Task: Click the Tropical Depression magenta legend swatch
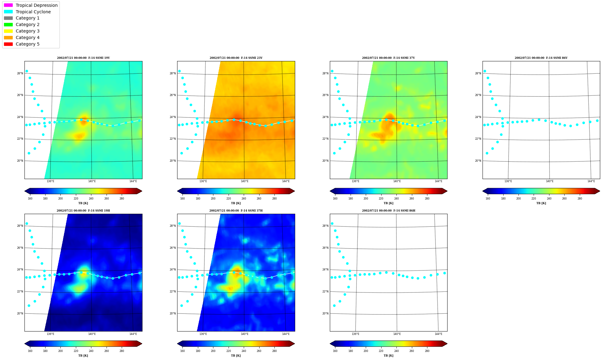coord(8,5)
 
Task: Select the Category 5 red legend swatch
coord(8,44)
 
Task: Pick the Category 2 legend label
coord(28,24)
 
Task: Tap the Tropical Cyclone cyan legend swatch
coord(8,12)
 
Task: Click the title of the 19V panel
coord(83,58)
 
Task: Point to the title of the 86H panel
coord(388,211)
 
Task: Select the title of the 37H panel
coord(236,211)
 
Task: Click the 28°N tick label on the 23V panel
coord(173,73)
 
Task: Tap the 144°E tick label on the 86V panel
coord(591,181)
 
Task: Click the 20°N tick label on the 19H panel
coord(20,314)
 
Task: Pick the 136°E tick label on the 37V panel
coord(355,181)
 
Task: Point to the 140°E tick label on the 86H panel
coord(397,334)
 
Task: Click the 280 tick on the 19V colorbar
coord(122,199)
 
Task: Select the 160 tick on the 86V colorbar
coord(488,199)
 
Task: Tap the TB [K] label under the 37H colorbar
coord(236,356)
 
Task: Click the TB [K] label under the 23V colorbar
coord(236,203)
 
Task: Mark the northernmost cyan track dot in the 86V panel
coord(485,71)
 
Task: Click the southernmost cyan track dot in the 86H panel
coord(334,305)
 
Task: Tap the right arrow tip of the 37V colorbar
coord(447,191)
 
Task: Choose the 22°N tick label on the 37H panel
coord(173,292)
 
